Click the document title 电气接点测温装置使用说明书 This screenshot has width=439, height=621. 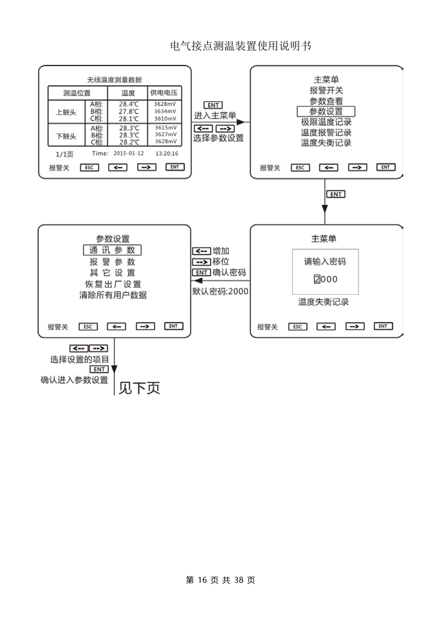pyautogui.click(x=241, y=46)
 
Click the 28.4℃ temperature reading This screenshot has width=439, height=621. pyautogui.click(x=128, y=104)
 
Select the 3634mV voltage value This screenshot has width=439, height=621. pyautogui.click(x=165, y=111)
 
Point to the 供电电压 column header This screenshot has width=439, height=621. pyautogui.click(x=164, y=93)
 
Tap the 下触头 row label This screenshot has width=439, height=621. pyautogui.click(x=66, y=136)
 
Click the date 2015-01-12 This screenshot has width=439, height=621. pyautogui.click(x=128, y=154)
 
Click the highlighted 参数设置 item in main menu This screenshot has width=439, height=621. pyautogui.click(x=326, y=111)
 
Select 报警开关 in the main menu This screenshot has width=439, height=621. pyautogui.click(x=326, y=90)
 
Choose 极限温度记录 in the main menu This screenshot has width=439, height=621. pyautogui.click(x=326, y=122)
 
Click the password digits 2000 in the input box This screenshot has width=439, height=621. pyautogui.click(x=326, y=279)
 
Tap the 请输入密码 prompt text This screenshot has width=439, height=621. pyautogui.click(x=325, y=261)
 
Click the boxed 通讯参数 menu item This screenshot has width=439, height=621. pyautogui.click(x=112, y=250)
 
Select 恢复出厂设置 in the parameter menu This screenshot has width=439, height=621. pyautogui.click(x=113, y=284)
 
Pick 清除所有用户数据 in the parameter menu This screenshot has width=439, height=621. pyautogui.click(x=113, y=295)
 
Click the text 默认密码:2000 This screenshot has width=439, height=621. pyautogui.click(x=220, y=291)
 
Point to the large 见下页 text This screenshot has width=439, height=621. pyautogui.click(x=139, y=388)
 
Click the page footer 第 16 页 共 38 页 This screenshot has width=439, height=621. pyautogui.click(x=220, y=580)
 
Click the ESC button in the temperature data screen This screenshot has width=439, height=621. pyautogui.click(x=89, y=168)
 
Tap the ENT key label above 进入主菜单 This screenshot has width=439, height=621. pyautogui.click(x=213, y=105)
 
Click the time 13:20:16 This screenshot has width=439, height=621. pyautogui.click(x=167, y=154)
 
